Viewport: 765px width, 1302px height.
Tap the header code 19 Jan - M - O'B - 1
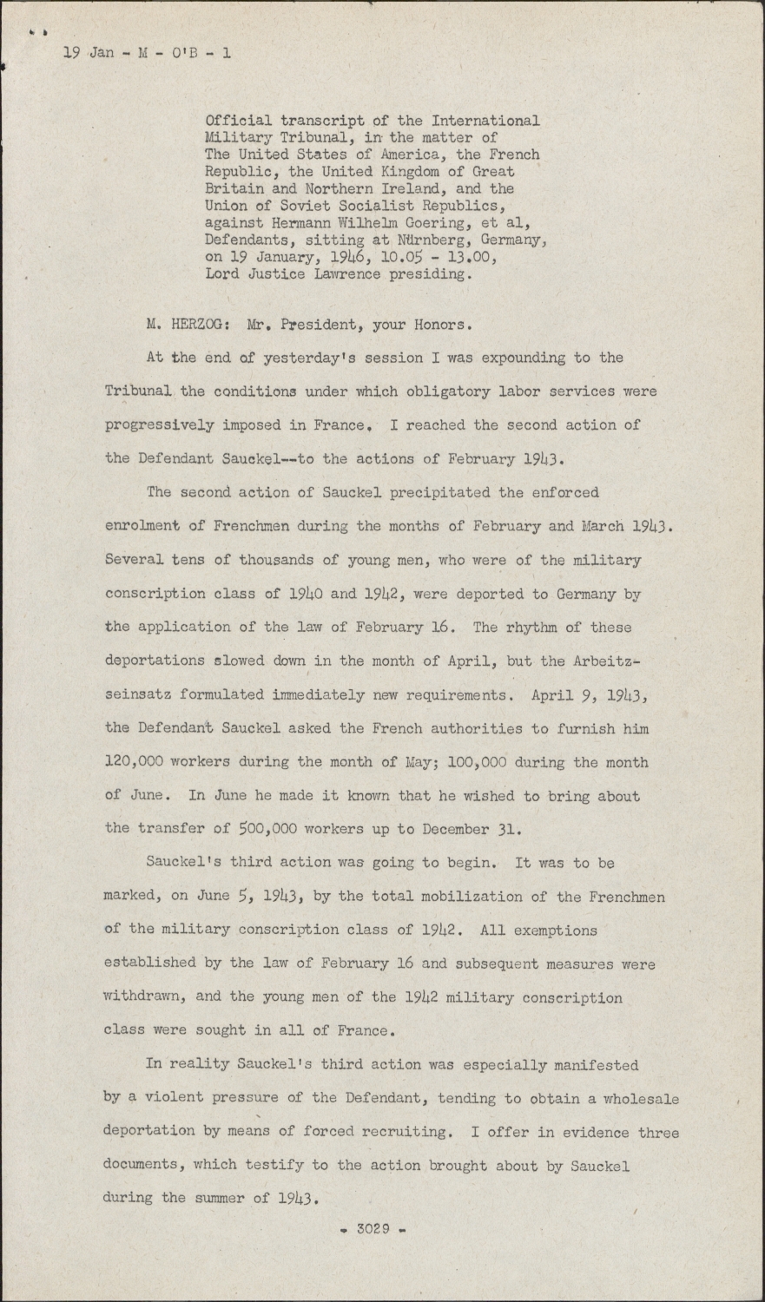point(147,53)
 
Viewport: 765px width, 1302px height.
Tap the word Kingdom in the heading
point(406,172)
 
